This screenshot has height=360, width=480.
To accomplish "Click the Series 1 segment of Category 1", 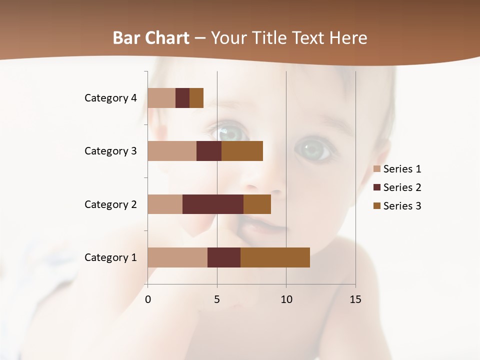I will pos(177,257).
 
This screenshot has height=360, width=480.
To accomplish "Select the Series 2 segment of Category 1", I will pos(224,257).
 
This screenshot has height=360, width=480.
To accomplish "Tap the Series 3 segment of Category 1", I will pos(275,257).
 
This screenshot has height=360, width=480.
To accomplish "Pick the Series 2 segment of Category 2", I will pos(213,204).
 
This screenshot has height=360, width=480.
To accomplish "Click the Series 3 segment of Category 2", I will pos(257,204).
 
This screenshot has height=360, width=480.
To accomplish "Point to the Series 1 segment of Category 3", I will pos(172,151).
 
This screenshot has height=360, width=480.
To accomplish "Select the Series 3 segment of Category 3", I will pos(242,151).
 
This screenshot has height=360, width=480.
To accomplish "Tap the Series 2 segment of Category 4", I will pos(182,98).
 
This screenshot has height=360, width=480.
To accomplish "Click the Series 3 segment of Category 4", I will pos(196,98).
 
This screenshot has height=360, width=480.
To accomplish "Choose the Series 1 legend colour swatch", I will pos(376,169).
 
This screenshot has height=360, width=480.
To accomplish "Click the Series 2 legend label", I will pos(402,187).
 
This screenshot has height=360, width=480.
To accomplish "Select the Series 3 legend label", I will pos(402,206).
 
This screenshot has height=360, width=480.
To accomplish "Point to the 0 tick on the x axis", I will pos(148,299).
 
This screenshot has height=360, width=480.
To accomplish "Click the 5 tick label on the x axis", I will pos(217,299).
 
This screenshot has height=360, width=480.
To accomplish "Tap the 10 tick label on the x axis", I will pos(286,299).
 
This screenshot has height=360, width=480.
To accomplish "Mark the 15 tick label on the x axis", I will pos(355,299).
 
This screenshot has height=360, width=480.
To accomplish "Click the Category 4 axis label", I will pos(110,98).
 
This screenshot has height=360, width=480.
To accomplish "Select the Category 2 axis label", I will pos(110,204).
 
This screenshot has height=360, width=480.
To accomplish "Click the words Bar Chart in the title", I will pos(151,38).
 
